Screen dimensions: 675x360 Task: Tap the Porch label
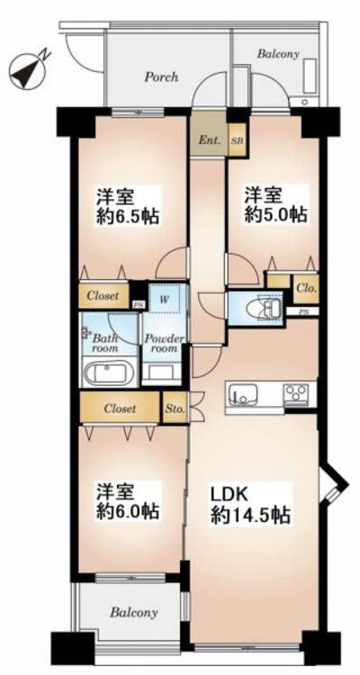161,77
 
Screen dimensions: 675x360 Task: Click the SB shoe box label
237,140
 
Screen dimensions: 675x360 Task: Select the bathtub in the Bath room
108,373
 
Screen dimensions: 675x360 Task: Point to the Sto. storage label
175,409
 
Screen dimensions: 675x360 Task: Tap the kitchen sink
242,393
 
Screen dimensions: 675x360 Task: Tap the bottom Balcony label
134,613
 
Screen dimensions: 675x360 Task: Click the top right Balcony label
278,54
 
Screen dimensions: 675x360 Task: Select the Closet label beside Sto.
119,409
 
